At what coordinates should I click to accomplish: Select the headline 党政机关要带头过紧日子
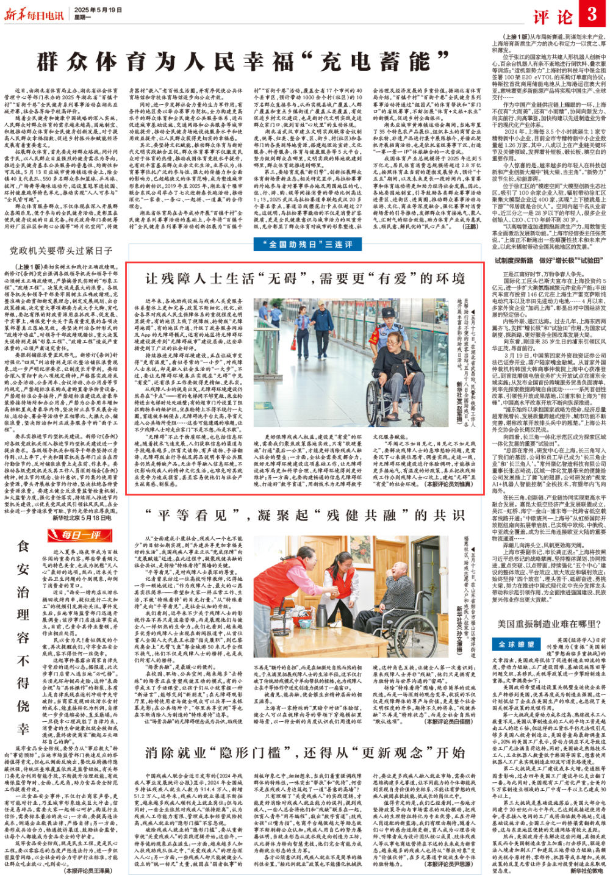[62, 250]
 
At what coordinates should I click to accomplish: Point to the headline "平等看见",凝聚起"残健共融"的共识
[304, 517]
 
